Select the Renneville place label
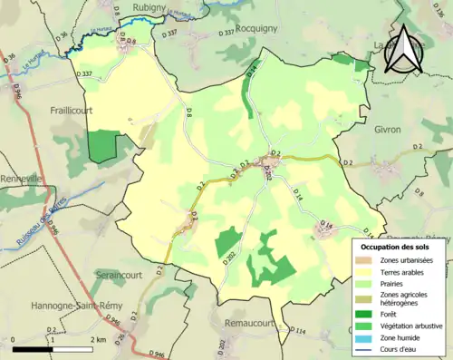tap(22, 179)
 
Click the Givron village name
tap(387, 130)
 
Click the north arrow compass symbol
tap(404, 52)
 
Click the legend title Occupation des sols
tap(399, 246)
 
